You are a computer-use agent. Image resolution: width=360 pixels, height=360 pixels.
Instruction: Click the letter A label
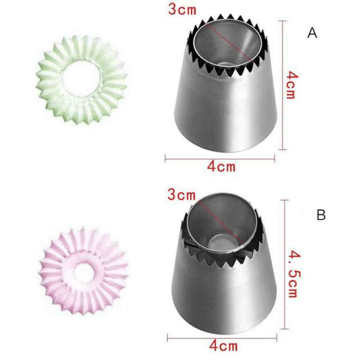pos(312,33)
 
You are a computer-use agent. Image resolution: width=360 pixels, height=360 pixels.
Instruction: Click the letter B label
pos(321,216)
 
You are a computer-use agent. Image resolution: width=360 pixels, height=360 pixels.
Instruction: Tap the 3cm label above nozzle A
pos(182,10)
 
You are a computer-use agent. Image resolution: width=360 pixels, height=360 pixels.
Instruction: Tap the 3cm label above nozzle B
pos(181,195)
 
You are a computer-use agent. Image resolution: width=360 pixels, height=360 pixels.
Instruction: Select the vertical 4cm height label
pos(292,85)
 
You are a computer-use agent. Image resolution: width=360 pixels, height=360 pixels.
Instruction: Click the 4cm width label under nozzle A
pos(221,166)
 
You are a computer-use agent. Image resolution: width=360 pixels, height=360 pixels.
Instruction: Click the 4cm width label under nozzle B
pos(223,346)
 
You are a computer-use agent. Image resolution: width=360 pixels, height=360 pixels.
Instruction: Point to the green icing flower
pos(82,79)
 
